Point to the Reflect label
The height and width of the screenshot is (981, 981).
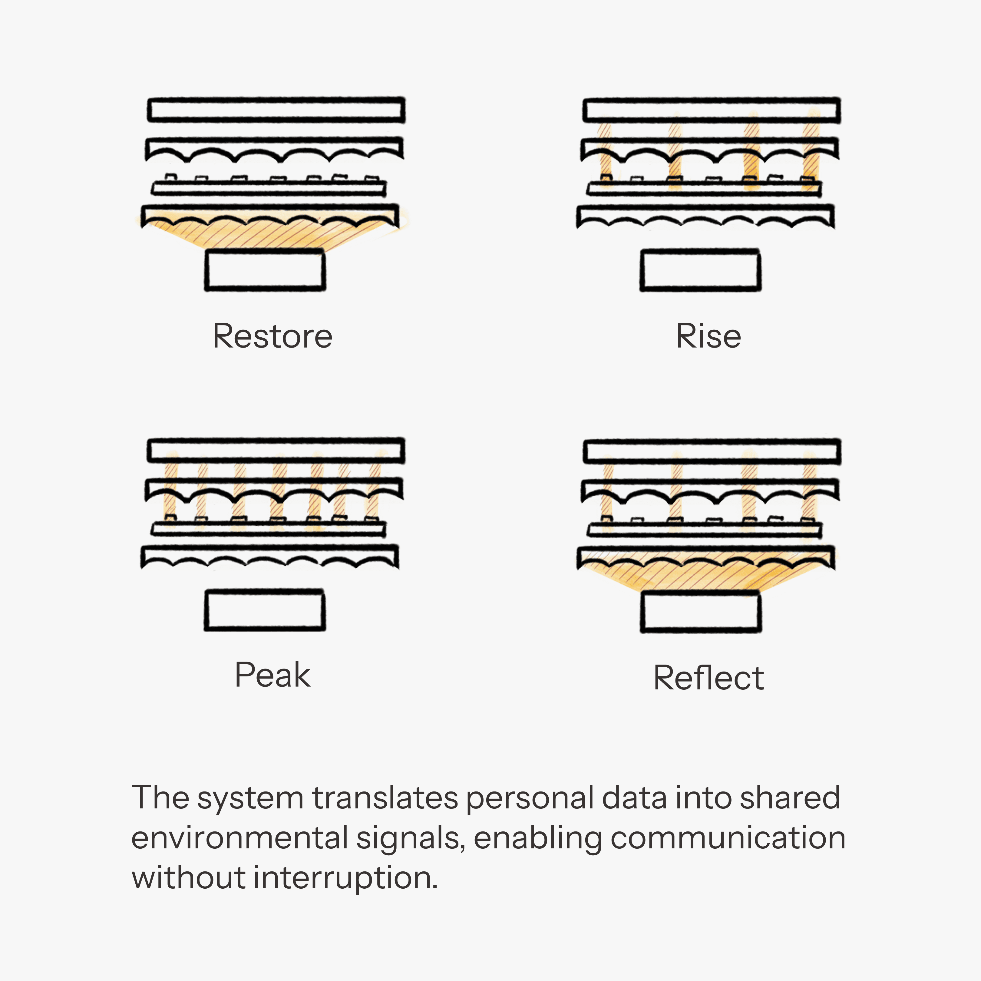pyautogui.click(x=708, y=678)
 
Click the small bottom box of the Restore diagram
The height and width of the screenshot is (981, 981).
pyautogui.click(x=265, y=270)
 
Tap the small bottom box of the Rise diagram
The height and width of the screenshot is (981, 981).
pyautogui.click(x=700, y=270)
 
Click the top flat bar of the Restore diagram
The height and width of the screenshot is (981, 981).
pyautogui.click(x=276, y=110)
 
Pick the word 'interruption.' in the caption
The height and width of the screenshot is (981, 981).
pyautogui.click(x=345, y=878)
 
